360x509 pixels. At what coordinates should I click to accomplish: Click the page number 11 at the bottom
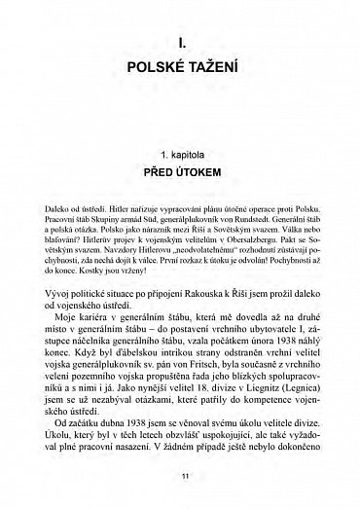pos(181,473)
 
